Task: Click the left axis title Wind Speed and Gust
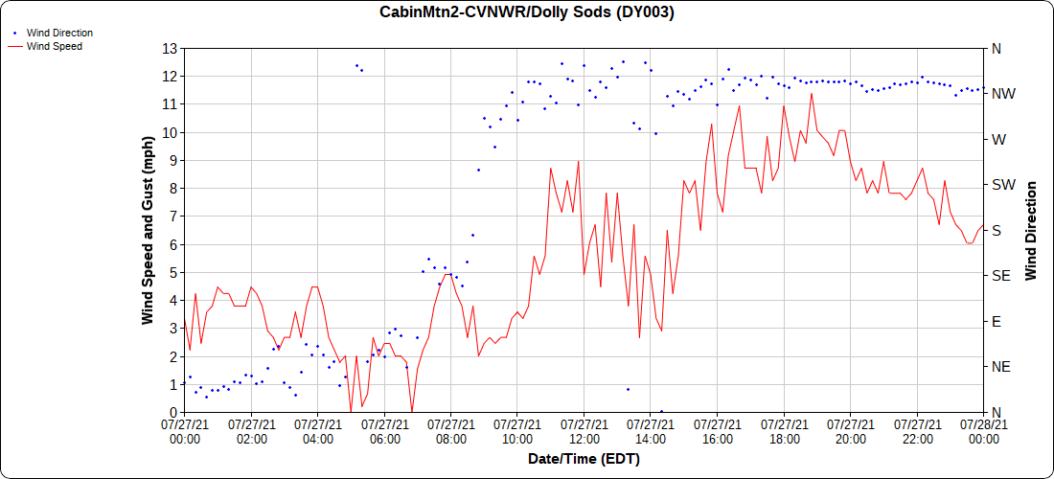[148, 230]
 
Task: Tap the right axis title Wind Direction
[1031, 230]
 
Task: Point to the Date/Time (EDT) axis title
[584, 459]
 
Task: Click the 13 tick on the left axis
[170, 48]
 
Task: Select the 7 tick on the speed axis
[172, 217]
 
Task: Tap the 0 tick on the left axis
[172, 412]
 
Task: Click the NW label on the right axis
[1003, 94]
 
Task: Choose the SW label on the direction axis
[1003, 184]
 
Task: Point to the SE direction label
[1001, 276]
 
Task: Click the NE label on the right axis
[1001, 367]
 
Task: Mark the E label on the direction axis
[997, 321]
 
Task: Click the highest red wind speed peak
[812, 93]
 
